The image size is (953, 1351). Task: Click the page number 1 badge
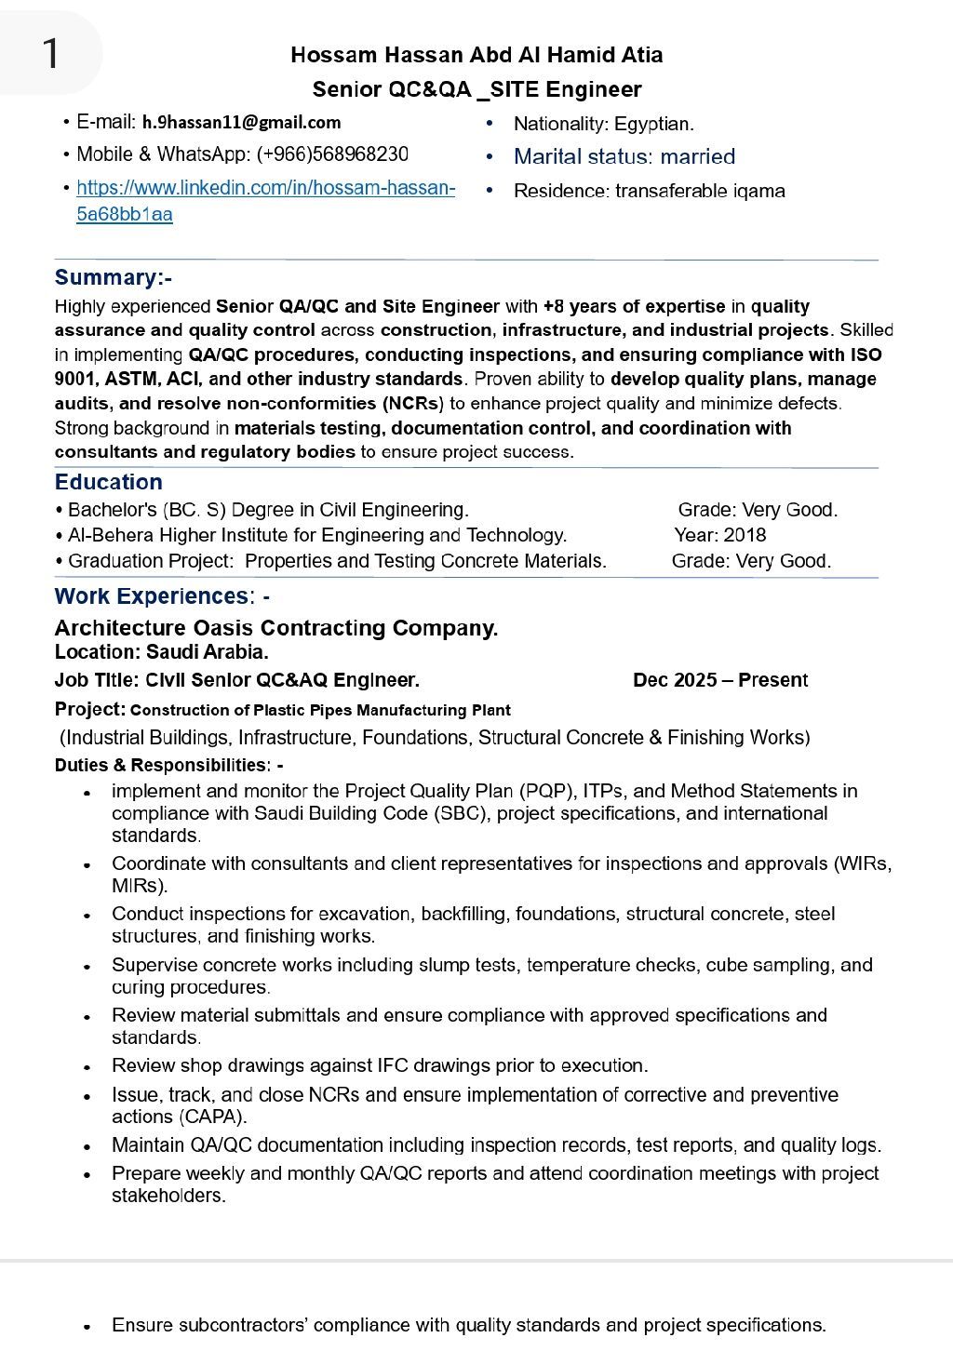click(50, 53)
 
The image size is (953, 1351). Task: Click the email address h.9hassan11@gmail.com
click(241, 122)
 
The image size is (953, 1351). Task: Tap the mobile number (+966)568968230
click(332, 154)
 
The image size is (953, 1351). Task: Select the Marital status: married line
click(624, 156)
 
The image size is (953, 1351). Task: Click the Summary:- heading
click(113, 277)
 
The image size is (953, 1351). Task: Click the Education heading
click(108, 482)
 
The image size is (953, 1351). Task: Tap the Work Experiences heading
click(152, 596)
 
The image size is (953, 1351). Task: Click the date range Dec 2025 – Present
click(719, 680)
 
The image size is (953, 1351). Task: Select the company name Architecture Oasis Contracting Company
click(275, 628)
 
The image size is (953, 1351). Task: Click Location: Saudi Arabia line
click(161, 652)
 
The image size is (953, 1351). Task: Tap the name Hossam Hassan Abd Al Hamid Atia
click(476, 55)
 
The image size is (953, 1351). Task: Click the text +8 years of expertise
click(634, 306)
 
